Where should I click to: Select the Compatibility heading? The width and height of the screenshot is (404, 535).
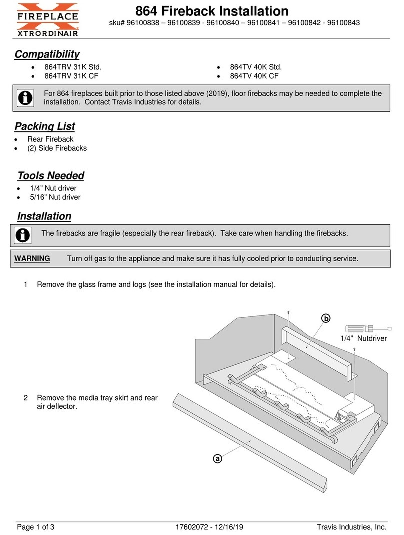coord(46,54)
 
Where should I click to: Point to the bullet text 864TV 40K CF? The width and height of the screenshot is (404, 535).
coord(254,76)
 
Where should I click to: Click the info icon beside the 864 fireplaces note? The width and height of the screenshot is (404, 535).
coord(25,97)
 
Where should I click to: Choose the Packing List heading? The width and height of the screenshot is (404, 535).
coord(44,126)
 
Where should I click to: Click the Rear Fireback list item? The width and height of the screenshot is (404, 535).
coord(50,139)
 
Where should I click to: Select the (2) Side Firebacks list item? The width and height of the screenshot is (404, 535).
coord(57,148)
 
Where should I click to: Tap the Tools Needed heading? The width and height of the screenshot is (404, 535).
coord(50,176)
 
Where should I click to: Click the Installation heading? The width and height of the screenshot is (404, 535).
coord(44,216)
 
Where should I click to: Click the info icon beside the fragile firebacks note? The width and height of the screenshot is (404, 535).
coord(23,234)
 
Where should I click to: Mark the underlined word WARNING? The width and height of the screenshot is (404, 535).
coord(32,259)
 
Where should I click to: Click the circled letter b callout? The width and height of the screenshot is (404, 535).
coord(326,319)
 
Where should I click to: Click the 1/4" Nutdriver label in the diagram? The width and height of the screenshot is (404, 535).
coord(363,339)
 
